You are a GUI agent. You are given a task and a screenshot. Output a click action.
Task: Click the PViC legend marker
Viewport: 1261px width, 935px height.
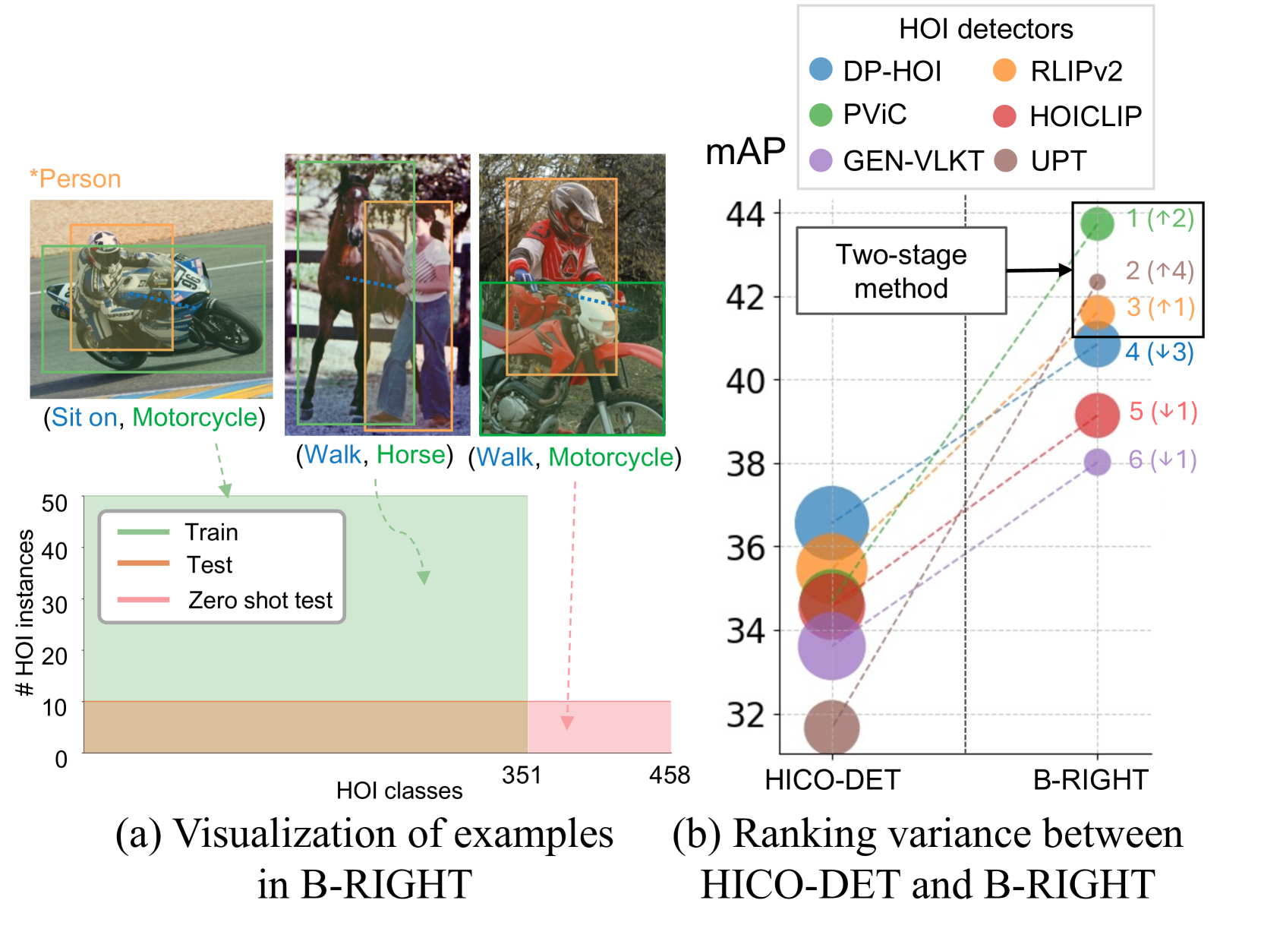coord(821,115)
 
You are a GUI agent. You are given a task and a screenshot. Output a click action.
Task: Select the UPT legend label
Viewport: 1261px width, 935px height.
coord(1058,161)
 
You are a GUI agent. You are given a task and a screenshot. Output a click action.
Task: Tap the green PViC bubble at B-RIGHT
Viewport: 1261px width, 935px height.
coord(1097,223)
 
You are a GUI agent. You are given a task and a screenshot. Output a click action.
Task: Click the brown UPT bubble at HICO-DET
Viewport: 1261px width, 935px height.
coord(832,728)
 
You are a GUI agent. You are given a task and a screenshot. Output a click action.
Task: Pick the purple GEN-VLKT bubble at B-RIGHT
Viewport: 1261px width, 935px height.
coord(1097,462)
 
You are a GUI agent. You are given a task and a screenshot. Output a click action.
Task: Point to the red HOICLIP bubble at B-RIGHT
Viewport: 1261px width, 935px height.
coord(1097,415)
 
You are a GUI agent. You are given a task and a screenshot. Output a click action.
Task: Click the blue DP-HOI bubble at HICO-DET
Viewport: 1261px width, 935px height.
coord(832,523)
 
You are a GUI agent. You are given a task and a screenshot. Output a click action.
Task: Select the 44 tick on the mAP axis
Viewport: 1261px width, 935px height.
coord(746,215)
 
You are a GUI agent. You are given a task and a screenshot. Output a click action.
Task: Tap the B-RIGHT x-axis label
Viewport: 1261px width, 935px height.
coord(1090,780)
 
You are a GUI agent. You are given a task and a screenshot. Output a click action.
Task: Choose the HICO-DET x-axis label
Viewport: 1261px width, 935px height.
coord(832,780)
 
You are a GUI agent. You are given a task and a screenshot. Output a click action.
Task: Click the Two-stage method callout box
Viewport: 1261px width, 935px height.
coord(901,271)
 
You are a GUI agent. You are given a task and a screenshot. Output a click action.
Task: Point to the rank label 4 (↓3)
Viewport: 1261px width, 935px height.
coord(1159,352)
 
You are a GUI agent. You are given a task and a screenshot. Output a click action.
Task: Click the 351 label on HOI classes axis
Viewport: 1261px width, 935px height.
coord(522,775)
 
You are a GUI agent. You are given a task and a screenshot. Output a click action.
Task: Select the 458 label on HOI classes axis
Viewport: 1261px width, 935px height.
coord(670,775)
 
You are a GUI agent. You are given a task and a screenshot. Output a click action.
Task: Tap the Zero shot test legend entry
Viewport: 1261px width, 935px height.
coord(260,600)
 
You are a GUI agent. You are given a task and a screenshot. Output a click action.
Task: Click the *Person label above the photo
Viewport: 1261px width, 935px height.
coord(75,179)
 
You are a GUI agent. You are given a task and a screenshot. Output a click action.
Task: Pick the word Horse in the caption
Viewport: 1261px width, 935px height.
coord(411,455)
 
